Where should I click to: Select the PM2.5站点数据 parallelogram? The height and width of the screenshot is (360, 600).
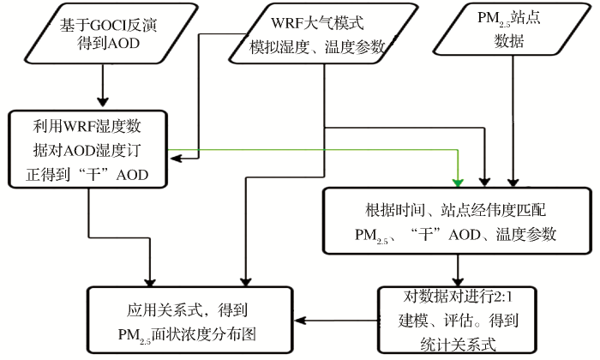[512, 29]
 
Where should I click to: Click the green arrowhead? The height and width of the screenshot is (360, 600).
[458, 183]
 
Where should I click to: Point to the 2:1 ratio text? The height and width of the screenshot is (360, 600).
[503, 297]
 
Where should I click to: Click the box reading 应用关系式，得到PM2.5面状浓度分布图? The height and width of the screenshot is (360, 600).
[190, 320]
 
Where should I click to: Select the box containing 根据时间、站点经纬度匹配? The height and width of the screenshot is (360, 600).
[457, 221]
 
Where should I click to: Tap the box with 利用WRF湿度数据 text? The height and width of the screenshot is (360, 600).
[88, 149]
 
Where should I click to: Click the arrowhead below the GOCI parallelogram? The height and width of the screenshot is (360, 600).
[103, 102]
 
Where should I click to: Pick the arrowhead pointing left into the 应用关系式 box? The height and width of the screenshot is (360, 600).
[299, 321]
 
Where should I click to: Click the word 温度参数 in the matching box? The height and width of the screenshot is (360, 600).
[525, 234]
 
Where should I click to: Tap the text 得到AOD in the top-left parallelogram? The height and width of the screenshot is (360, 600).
[108, 43]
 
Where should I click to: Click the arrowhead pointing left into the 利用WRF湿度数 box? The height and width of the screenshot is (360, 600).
[176, 158]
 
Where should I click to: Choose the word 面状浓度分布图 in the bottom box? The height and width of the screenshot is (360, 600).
[204, 334]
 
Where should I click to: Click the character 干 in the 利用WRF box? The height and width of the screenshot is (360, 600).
[93, 175]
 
